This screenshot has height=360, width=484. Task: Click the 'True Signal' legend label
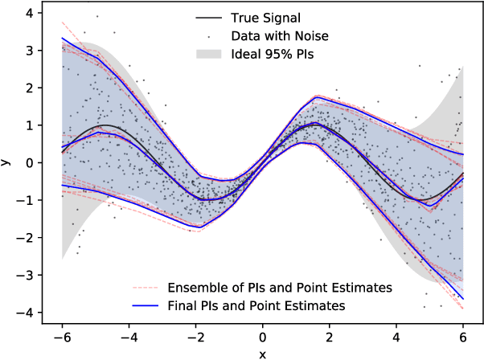pos(262,16)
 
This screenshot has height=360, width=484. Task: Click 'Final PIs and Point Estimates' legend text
pos(256,306)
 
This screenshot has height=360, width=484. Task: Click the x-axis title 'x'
pos(263,354)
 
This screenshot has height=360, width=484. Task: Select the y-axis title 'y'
pos(7,162)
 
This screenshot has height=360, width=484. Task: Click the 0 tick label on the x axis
pos(263,337)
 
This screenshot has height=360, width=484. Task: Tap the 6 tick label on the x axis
pos(463,337)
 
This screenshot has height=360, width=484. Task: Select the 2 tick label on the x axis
pos(330,337)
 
